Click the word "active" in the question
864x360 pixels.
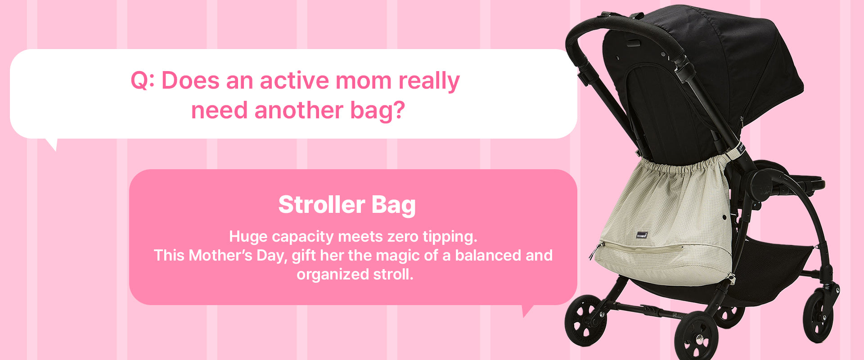pyautogui.click(x=294, y=81)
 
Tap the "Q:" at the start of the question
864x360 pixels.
pyautogui.click(x=143, y=81)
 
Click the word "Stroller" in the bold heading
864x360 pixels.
pyautogui.click(x=321, y=205)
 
